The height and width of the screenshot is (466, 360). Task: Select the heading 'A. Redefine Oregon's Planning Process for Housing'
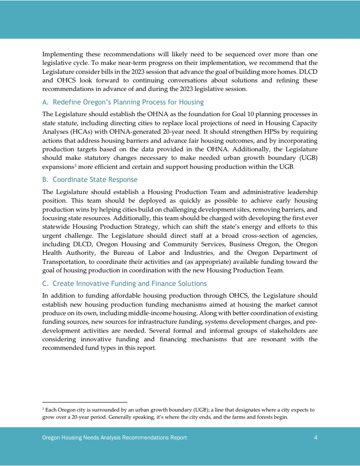tap(123, 102)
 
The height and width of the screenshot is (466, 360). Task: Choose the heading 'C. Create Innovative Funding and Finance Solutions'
tap(124, 284)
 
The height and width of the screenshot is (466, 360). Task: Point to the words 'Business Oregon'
tap(245, 244)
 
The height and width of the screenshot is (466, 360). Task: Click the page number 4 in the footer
tap(316, 438)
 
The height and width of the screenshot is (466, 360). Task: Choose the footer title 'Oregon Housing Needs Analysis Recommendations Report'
tap(114, 438)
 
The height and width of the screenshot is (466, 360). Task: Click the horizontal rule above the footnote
tap(85, 402)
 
